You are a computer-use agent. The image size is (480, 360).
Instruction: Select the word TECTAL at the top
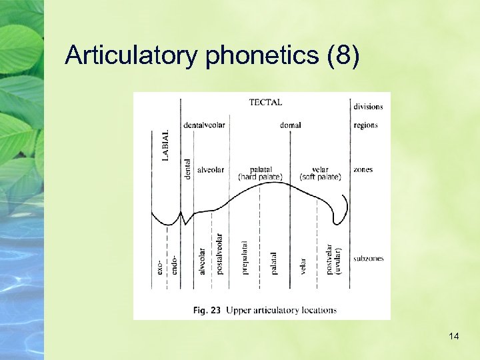tap(265, 103)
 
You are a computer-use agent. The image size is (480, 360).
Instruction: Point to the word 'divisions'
tap(368, 107)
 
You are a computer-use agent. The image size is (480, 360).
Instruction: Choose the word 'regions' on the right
tap(365, 125)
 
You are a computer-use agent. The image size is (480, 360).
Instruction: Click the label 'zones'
tap(363, 170)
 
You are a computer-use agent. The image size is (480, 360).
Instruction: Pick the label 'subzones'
tap(369, 259)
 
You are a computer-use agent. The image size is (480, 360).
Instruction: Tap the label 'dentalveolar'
tap(204, 125)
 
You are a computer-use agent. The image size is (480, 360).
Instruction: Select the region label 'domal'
tap(290, 125)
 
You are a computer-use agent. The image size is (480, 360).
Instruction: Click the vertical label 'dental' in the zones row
tap(187, 169)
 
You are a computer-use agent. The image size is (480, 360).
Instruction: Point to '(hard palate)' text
tap(260, 177)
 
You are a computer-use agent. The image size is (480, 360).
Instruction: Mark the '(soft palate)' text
tap(320, 177)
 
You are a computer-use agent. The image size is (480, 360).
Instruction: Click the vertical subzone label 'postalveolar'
tap(219, 254)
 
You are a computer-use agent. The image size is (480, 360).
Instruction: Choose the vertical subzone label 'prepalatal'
tap(245, 258)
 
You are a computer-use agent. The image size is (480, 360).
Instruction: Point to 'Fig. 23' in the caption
tap(207, 310)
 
